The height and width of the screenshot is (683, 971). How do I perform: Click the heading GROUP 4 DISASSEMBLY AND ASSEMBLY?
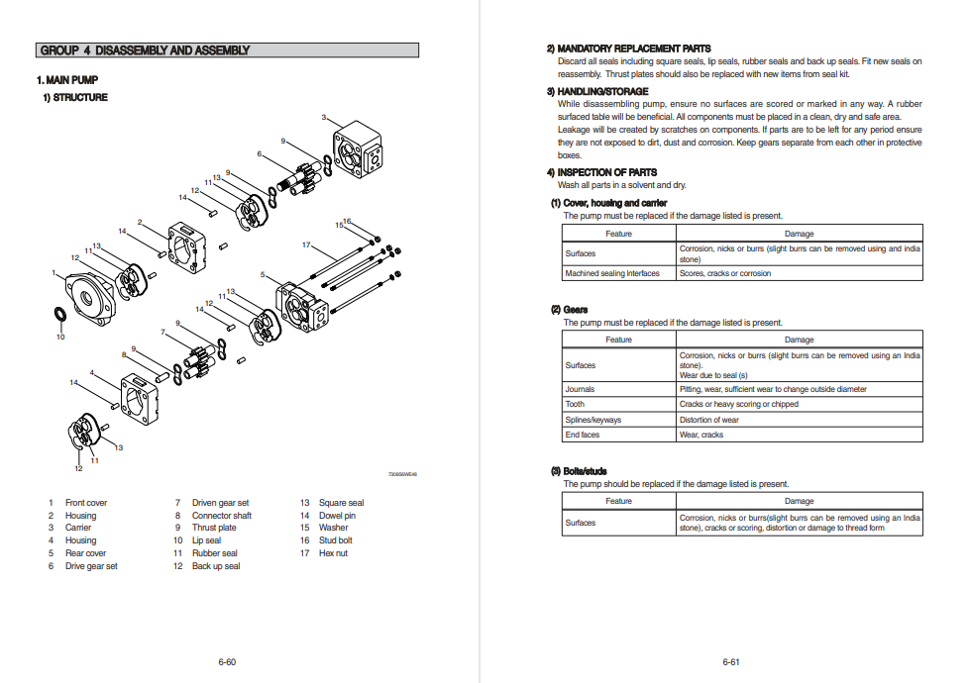146,50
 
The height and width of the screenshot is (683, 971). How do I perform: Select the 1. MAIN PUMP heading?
67,80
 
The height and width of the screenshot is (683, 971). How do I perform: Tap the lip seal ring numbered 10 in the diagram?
59,316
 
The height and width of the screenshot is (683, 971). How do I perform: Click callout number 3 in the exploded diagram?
324,118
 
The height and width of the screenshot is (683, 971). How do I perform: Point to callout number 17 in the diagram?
306,244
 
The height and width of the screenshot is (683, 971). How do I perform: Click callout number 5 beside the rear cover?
263,274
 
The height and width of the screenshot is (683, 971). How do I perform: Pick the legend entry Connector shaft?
221,516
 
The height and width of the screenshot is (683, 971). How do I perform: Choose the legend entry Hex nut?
333,553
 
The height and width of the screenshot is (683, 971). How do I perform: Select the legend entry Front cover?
86,503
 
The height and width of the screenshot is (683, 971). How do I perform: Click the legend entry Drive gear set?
91,566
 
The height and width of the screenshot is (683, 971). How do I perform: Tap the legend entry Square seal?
341,503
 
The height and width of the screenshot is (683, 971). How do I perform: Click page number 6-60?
227,661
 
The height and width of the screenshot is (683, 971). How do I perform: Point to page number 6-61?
731,661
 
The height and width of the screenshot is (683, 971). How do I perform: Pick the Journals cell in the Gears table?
581,389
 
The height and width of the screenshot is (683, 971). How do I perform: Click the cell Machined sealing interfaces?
612,273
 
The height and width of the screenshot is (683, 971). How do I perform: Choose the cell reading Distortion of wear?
708,420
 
